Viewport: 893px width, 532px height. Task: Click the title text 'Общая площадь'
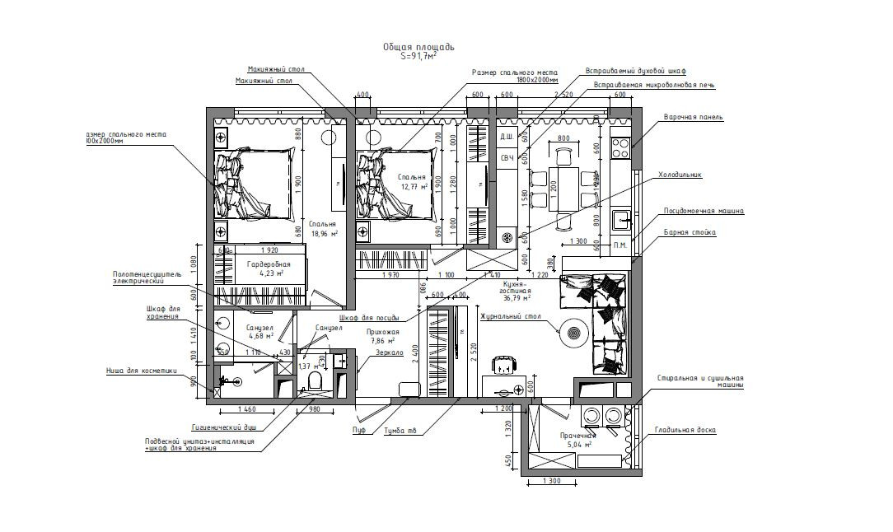[x=418, y=48]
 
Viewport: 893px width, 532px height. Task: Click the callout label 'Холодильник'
[x=679, y=175]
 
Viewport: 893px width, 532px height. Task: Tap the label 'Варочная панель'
[x=694, y=117]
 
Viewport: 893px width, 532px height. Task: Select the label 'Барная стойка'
[x=690, y=232]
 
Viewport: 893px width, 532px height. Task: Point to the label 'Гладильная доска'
[x=685, y=430]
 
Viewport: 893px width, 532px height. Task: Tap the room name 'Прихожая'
[x=382, y=332]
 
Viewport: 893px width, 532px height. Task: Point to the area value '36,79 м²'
[x=517, y=300]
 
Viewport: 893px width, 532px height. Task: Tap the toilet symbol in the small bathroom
[x=313, y=381]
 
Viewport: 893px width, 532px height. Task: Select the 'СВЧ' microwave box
[x=507, y=157]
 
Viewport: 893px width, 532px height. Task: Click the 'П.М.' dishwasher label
[x=619, y=245]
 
